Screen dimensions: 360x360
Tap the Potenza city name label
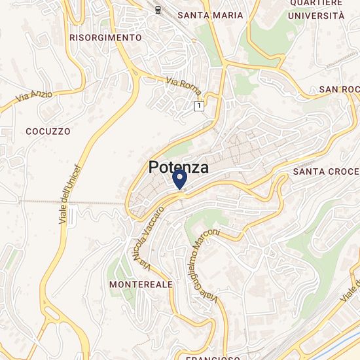point(179,168)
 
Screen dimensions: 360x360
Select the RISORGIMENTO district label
point(105,38)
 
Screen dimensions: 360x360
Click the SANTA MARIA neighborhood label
point(210,15)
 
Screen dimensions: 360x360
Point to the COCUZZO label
point(48,131)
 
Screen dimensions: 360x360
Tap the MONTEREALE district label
point(141,285)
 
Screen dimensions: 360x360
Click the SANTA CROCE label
point(326,171)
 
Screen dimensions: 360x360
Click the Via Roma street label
point(183,87)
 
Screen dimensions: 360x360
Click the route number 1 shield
point(198,105)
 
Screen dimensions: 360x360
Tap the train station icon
point(158,9)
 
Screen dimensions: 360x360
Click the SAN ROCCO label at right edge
point(339,89)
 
